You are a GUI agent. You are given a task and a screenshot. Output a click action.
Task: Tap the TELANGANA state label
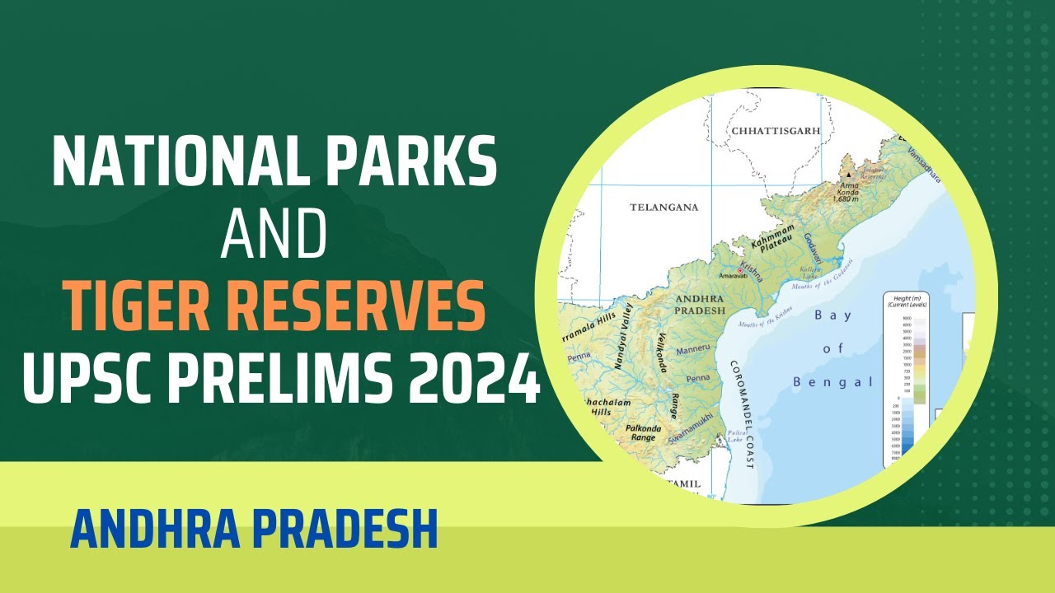coord(663,207)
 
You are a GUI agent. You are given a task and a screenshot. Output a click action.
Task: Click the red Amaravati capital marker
coord(741,270)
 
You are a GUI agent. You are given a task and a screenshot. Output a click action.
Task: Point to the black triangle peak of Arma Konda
coord(846,175)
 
